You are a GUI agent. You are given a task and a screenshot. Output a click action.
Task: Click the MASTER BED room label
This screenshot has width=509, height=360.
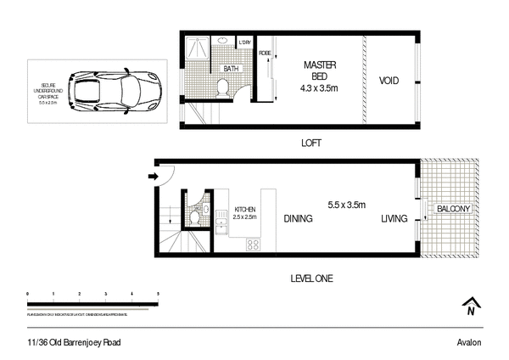click(317, 70)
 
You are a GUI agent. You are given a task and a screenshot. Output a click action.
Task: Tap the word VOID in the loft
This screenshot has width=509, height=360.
click(389, 82)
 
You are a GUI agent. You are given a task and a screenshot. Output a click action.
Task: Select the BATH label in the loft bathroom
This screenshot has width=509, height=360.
click(231, 69)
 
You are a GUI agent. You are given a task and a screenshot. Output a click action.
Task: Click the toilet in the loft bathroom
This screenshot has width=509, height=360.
click(223, 86)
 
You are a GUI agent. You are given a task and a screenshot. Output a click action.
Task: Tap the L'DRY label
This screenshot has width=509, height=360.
click(245, 43)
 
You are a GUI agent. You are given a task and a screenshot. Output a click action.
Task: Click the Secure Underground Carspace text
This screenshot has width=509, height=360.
click(53, 88)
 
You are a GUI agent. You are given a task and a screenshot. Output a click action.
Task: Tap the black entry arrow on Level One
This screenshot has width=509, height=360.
click(154, 177)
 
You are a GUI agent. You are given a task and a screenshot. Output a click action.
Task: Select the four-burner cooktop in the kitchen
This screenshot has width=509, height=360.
click(252, 245)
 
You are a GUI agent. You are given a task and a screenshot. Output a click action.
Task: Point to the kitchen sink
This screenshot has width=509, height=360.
click(222, 226)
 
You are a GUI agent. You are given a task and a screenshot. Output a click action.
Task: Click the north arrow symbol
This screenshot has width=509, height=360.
click(469, 308)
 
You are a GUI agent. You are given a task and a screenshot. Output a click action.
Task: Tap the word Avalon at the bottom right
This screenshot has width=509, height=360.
click(469, 341)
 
